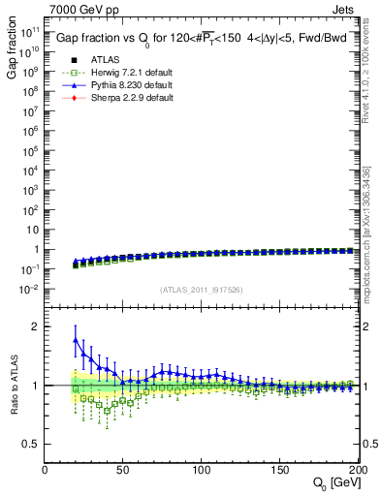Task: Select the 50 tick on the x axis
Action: pyautogui.click(x=123, y=470)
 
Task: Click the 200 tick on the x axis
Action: pyautogui.click(x=357, y=470)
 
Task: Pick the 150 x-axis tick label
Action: pyautogui.click(x=279, y=470)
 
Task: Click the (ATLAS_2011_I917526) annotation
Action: pyautogui.click(x=202, y=289)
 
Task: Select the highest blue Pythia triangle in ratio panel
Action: pyautogui.click(x=76, y=339)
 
